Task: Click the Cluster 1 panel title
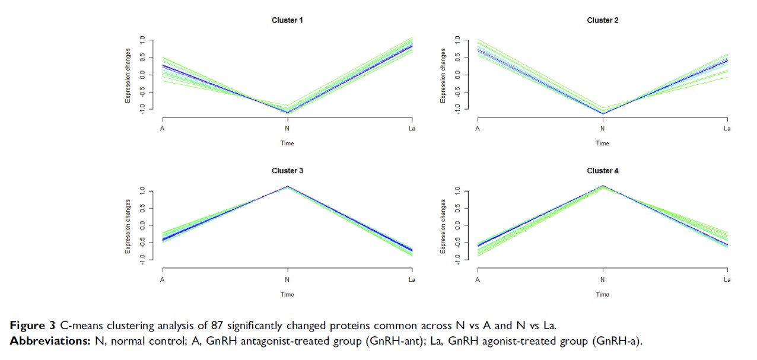pos(287,20)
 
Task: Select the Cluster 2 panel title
pos(602,20)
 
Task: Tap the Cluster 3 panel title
pos(287,171)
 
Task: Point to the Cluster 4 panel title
pos(602,171)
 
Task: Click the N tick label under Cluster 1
pos(288,129)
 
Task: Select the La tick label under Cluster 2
pos(727,129)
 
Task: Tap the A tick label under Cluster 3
pos(162,279)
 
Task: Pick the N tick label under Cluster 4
pos(603,279)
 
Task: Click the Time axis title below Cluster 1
pos(287,143)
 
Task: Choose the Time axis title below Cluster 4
pos(602,294)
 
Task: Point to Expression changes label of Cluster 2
pos(443,75)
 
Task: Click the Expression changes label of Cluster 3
pos(128,226)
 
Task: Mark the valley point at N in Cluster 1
pos(288,111)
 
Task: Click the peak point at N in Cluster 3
pos(288,186)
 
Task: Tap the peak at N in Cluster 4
pos(603,186)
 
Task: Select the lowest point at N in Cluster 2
pos(603,113)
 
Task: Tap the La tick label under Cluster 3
pos(412,279)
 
